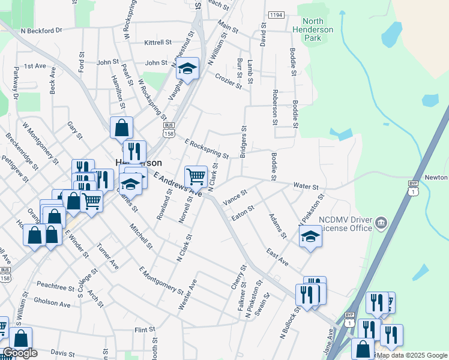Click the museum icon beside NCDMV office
tap(381, 224)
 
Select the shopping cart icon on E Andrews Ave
tap(196, 177)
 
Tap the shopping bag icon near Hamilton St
tap(121, 127)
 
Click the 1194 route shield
tap(276, 14)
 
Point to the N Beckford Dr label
tap(41, 30)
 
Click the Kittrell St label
tap(158, 43)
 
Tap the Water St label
tap(304, 186)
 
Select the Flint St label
tap(145, 330)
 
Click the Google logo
tap(20, 353)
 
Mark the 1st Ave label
tap(35, 65)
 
